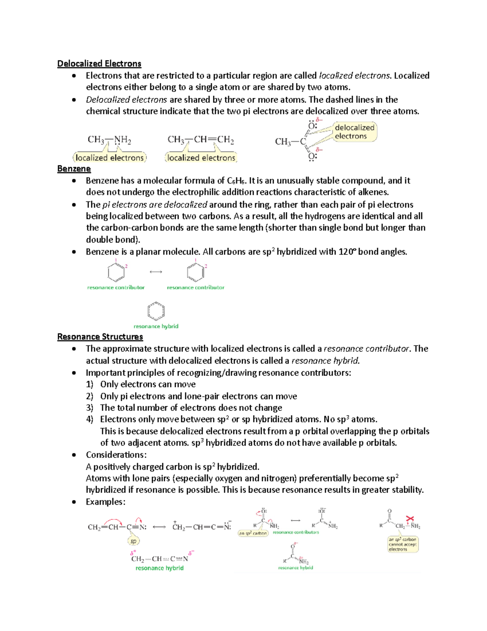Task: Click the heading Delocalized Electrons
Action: [x=99, y=63]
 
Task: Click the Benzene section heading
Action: [x=74, y=169]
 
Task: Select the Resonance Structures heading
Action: [x=100, y=337]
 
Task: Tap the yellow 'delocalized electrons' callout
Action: [x=354, y=132]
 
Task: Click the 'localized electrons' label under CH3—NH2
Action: [x=110, y=158]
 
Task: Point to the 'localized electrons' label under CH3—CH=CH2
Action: [x=201, y=158]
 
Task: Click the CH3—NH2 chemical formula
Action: [x=109, y=140]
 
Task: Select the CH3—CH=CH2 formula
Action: [x=200, y=140]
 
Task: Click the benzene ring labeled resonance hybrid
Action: [x=156, y=311]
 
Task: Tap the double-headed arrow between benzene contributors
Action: [x=156, y=272]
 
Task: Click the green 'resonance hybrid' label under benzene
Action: [x=156, y=326]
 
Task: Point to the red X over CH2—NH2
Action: [x=410, y=519]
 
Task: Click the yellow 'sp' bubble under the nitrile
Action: [x=133, y=541]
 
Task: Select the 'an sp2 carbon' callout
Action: [x=253, y=533]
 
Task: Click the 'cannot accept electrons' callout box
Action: [x=403, y=544]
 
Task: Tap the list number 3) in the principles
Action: [x=90, y=408]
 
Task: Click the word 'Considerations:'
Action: [x=116, y=455]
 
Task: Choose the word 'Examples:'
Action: [x=106, y=502]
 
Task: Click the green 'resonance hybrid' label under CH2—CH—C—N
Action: [x=159, y=568]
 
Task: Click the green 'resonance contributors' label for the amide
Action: [x=296, y=532]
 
